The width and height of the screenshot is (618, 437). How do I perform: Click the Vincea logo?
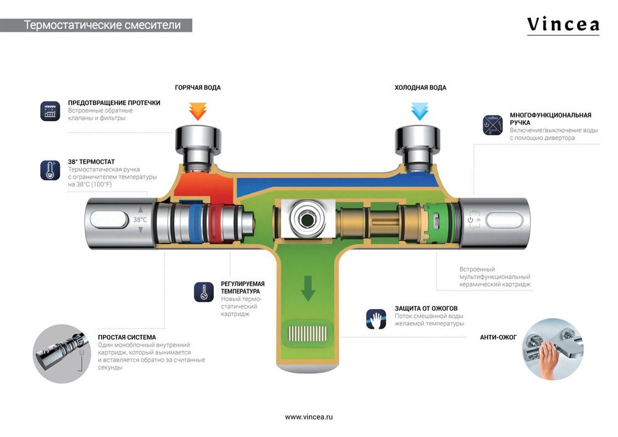562,25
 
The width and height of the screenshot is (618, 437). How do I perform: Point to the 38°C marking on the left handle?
140,219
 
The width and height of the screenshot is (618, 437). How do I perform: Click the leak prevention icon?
49,110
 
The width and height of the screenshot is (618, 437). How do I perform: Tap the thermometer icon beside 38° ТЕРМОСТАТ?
49,170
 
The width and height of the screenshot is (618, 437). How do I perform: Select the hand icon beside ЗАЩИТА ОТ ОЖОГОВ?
375,318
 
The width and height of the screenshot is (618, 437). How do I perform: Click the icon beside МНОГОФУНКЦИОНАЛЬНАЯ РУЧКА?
492,124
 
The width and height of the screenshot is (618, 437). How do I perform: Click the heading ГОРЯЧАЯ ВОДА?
198,88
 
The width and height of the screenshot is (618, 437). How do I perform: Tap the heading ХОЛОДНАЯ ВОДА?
420,88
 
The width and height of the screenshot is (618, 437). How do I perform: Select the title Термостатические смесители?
103,25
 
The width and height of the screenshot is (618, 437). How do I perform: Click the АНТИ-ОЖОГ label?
499,337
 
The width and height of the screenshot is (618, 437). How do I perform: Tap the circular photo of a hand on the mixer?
553,349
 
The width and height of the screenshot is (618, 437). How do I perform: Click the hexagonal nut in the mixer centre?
307,218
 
